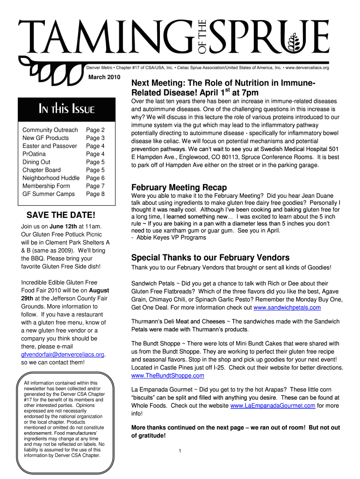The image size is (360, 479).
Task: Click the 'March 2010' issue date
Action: coord(104,77)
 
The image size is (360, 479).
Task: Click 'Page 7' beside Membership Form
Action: coord(95,186)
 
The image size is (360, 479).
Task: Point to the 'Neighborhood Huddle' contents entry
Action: coord(51,178)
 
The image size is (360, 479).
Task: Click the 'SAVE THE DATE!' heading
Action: coord(61,215)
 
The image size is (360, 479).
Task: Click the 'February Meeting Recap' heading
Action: coord(179,187)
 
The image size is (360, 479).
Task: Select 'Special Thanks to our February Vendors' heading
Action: coord(210,258)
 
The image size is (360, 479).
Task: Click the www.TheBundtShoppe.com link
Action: coord(168,376)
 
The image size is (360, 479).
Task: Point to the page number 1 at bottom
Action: coord(180,451)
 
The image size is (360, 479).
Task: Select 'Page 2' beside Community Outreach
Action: coord(95,130)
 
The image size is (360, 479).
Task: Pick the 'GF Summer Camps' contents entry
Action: coord(49,194)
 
